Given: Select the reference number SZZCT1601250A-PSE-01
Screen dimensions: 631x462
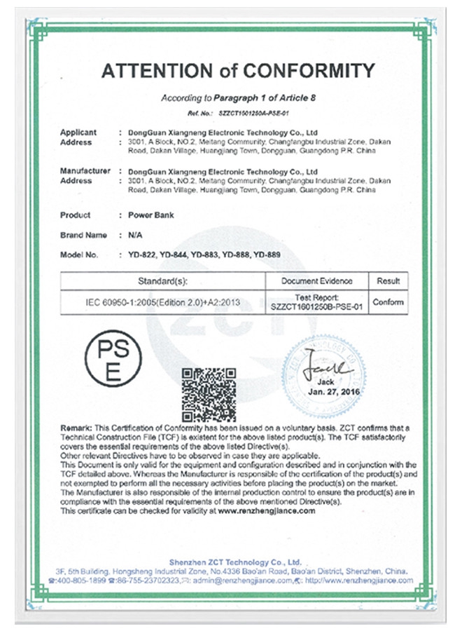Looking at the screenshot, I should pyautogui.click(x=253, y=112).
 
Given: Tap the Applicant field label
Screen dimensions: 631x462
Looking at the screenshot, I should pyautogui.click(x=78, y=132).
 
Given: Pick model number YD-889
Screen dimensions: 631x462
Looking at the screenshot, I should pyautogui.click(x=266, y=255).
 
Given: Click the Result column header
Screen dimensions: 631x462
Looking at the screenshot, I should pyautogui.click(x=388, y=280).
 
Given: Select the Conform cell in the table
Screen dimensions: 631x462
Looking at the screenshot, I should pyautogui.click(x=388, y=302).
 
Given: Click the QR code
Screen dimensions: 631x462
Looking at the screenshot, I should pyautogui.click(x=209, y=394).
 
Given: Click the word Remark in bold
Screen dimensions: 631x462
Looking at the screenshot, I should pyautogui.click(x=76, y=427).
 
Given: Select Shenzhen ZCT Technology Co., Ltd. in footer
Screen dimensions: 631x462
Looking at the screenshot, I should pyautogui.click(x=235, y=562).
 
